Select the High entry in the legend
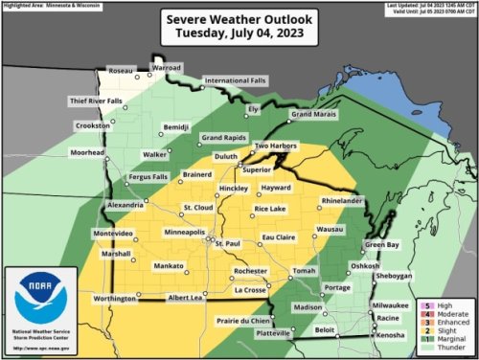(x=432, y=304)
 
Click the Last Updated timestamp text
(x=424, y=7)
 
